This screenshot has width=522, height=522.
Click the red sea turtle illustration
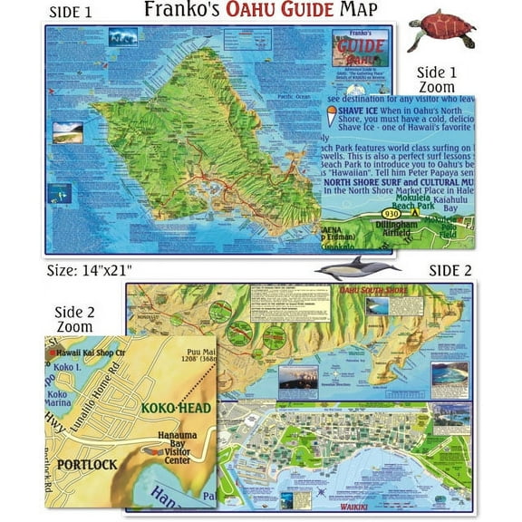click(x=441, y=30)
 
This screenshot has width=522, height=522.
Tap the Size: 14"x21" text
click(x=94, y=270)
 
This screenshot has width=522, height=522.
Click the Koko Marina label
click(x=58, y=400)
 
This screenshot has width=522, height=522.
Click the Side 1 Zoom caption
click(x=442, y=79)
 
